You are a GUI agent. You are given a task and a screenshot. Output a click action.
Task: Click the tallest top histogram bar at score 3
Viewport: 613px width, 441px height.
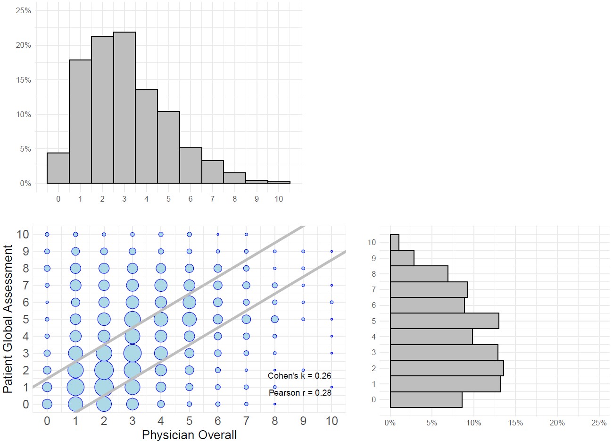pyautogui.click(x=124, y=108)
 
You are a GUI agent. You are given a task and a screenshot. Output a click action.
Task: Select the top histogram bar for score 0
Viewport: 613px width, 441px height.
pyautogui.click(x=58, y=168)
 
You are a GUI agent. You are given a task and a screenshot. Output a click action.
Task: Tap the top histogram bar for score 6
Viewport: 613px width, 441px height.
pyautogui.click(x=191, y=166)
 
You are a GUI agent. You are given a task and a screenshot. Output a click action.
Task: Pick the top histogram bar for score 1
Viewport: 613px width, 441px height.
pyautogui.click(x=80, y=122)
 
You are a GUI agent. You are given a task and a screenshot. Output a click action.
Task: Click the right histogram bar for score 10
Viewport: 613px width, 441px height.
pyautogui.click(x=395, y=242)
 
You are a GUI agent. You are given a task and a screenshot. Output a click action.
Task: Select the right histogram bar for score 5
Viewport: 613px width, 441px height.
pyautogui.click(x=444, y=321)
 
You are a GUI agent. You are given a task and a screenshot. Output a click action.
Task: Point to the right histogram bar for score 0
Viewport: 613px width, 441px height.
pyautogui.click(x=426, y=399)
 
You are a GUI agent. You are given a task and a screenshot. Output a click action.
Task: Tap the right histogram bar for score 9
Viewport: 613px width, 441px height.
pyautogui.click(x=402, y=258)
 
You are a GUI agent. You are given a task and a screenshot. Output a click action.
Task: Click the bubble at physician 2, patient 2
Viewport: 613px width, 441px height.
pyautogui.click(x=104, y=370)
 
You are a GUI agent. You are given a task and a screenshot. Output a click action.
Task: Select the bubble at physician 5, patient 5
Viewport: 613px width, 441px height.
pyautogui.click(x=189, y=319)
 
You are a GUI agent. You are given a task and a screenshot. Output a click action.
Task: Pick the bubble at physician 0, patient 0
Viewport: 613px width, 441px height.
pyautogui.click(x=47, y=404)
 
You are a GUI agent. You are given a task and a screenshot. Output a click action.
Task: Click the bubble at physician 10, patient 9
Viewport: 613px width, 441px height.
pyautogui.click(x=331, y=251)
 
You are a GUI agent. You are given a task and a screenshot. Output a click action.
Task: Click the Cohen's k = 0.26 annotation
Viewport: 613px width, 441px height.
pyautogui.click(x=299, y=376)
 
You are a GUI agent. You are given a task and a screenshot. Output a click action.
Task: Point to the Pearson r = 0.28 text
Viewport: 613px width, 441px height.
pyautogui.click(x=300, y=393)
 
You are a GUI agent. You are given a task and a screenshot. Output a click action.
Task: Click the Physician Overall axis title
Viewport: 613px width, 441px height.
pyautogui.click(x=189, y=435)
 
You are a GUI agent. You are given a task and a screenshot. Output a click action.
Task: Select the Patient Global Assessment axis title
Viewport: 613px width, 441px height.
pyautogui.click(x=8, y=319)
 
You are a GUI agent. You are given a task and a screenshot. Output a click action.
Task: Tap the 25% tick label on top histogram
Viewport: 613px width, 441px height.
pyautogui.click(x=24, y=10)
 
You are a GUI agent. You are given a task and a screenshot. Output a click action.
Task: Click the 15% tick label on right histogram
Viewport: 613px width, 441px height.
pyautogui.click(x=515, y=423)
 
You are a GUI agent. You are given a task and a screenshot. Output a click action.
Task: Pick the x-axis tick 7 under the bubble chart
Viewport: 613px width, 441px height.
pyautogui.click(x=246, y=421)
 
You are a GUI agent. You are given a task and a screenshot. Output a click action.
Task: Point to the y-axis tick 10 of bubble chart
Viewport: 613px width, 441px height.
pyautogui.click(x=23, y=234)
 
